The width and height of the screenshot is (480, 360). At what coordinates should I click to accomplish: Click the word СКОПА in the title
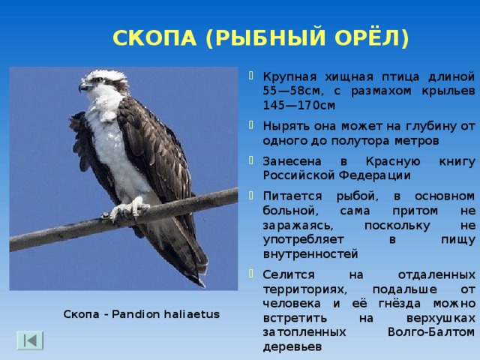click(x=154, y=38)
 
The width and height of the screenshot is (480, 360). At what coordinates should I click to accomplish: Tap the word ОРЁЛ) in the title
click(x=375, y=38)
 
